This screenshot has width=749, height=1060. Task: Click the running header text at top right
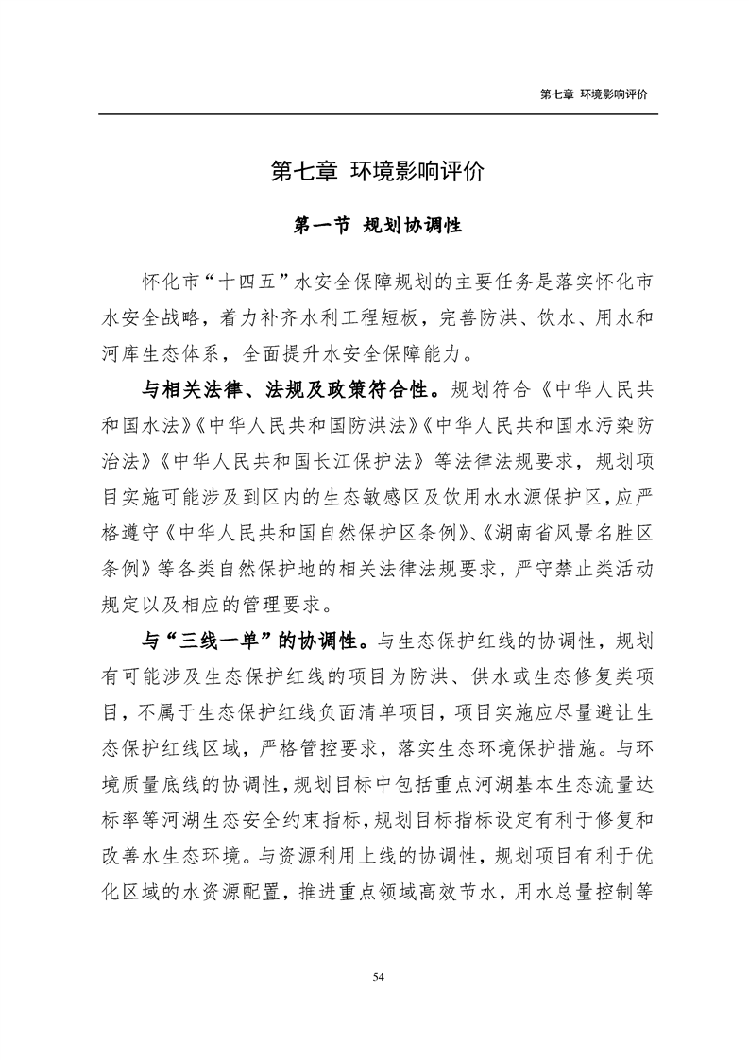point(599,94)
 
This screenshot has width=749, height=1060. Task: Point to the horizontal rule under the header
point(377,114)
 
